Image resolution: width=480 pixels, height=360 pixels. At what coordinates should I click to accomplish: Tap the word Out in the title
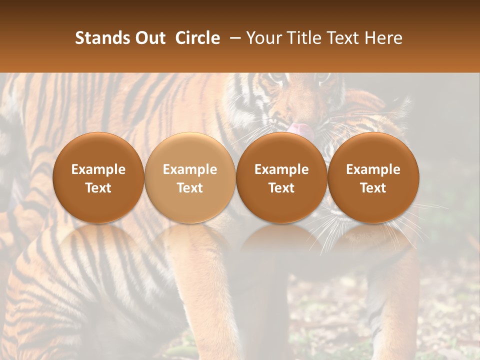click(x=149, y=38)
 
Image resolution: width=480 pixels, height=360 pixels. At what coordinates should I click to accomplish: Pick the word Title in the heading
click(x=303, y=38)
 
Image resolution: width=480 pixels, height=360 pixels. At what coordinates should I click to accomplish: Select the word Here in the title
click(x=384, y=38)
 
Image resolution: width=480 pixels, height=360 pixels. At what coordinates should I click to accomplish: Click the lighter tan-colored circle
click(x=190, y=177)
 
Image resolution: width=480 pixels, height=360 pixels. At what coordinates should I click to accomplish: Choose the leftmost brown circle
click(x=98, y=177)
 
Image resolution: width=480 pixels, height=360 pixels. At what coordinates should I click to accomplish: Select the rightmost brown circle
click(x=373, y=177)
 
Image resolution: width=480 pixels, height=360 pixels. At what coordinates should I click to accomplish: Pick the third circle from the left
click(x=281, y=177)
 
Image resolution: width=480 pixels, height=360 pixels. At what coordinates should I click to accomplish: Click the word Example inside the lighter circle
click(x=190, y=169)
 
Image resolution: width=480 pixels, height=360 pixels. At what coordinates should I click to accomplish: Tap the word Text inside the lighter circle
click(x=190, y=188)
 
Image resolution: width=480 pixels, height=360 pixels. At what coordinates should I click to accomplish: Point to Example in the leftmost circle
click(x=98, y=169)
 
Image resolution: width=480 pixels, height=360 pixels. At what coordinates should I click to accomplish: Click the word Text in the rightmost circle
click(x=373, y=188)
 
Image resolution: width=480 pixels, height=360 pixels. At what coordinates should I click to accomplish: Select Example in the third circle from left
click(x=281, y=169)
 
